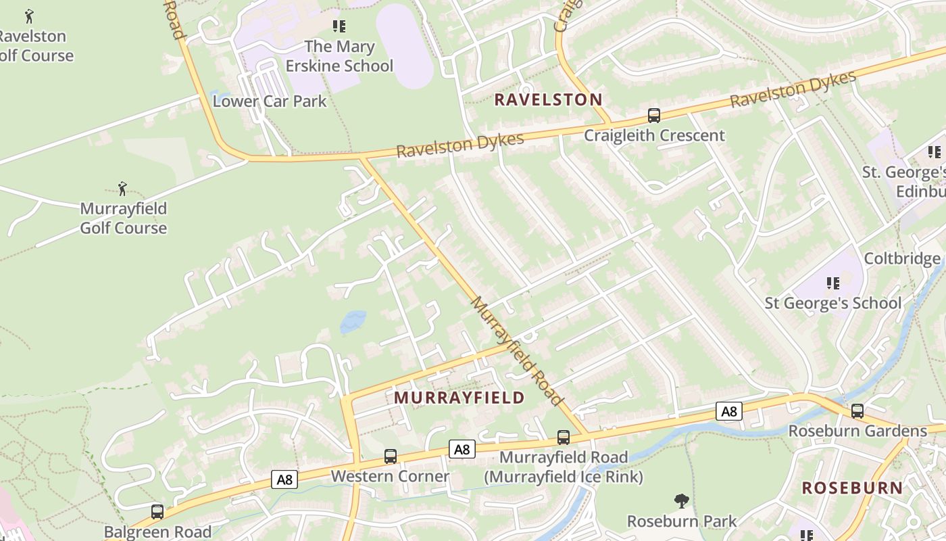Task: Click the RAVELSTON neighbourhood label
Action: [x=548, y=100]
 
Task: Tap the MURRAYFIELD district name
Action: [x=459, y=398]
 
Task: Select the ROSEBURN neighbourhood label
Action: [x=852, y=488]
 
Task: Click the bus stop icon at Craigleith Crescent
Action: [x=653, y=115]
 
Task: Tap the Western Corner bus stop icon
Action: [x=390, y=456]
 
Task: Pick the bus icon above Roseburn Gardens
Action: [x=857, y=410]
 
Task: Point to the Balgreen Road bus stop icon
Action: [x=157, y=512]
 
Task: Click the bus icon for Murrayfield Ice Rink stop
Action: [x=563, y=438]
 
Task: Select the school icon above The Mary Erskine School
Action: [x=339, y=26]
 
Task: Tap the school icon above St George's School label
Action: [x=832, y=283]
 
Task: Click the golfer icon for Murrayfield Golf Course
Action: [x=122, y=188]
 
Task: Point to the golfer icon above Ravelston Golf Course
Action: [x=29, y=16]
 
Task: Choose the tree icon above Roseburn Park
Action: [x=681, y=501]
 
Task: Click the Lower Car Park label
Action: [x=270, y=101]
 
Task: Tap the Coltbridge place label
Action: [x=902, y=259]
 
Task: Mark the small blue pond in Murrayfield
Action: [x=353, y=321]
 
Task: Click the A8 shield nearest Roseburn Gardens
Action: [x=728, y=411]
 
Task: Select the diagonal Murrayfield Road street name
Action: [x=516, y=350]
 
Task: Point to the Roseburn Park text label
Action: [x=682, y=521]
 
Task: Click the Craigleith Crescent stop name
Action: [x=654, y=135]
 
